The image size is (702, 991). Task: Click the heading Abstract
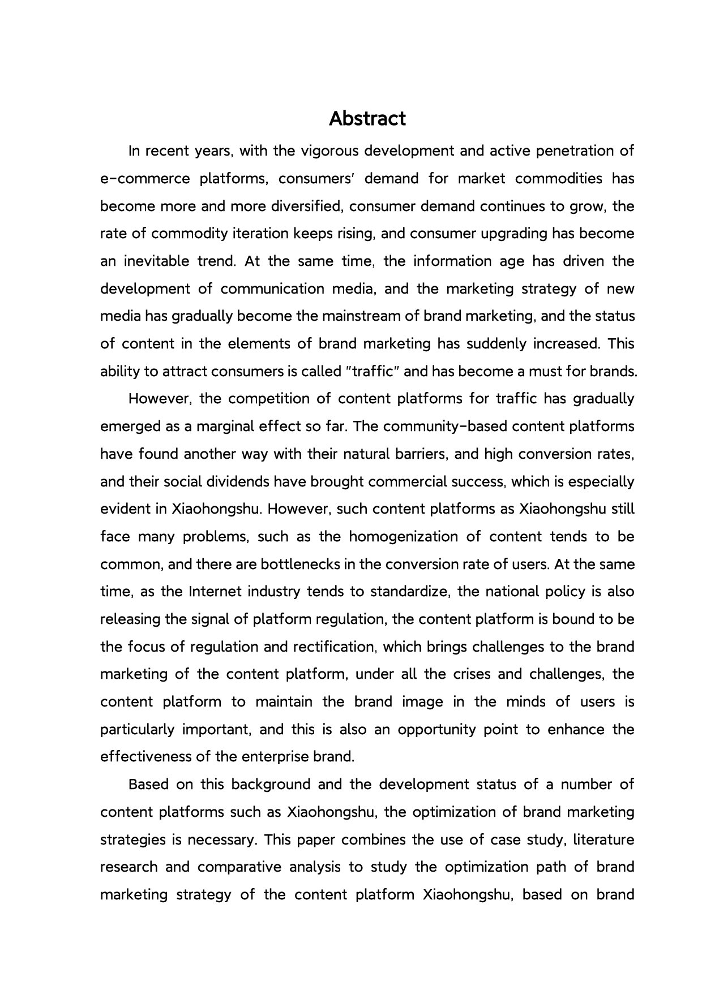(x=367, y=119)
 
